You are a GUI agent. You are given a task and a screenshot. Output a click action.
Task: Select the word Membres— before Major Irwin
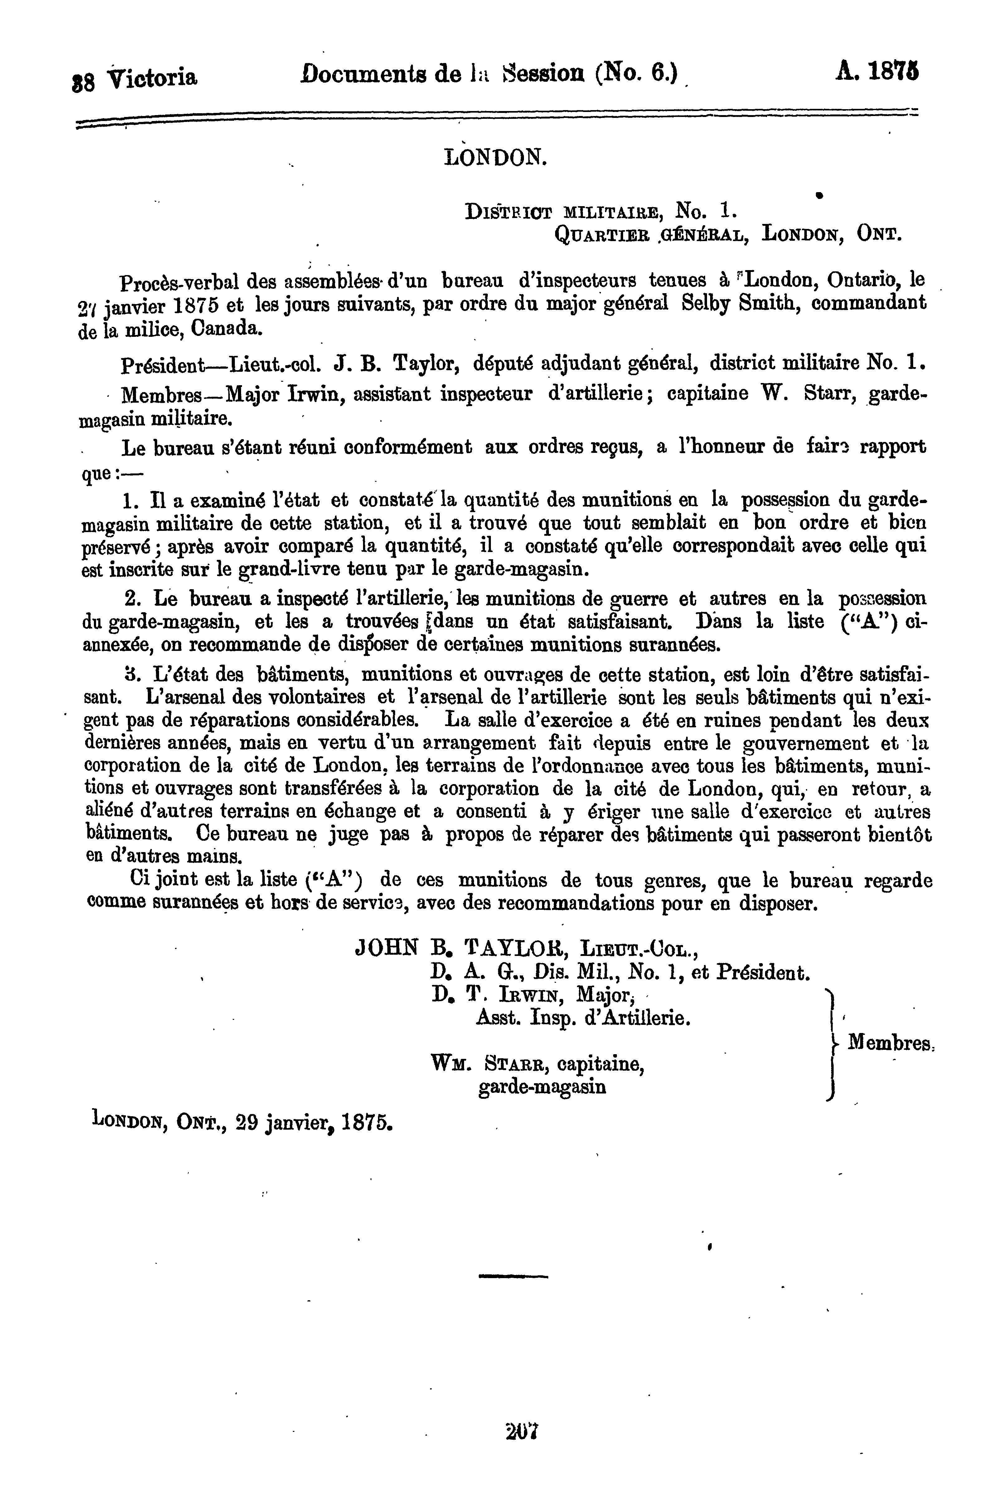click(173, 395)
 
